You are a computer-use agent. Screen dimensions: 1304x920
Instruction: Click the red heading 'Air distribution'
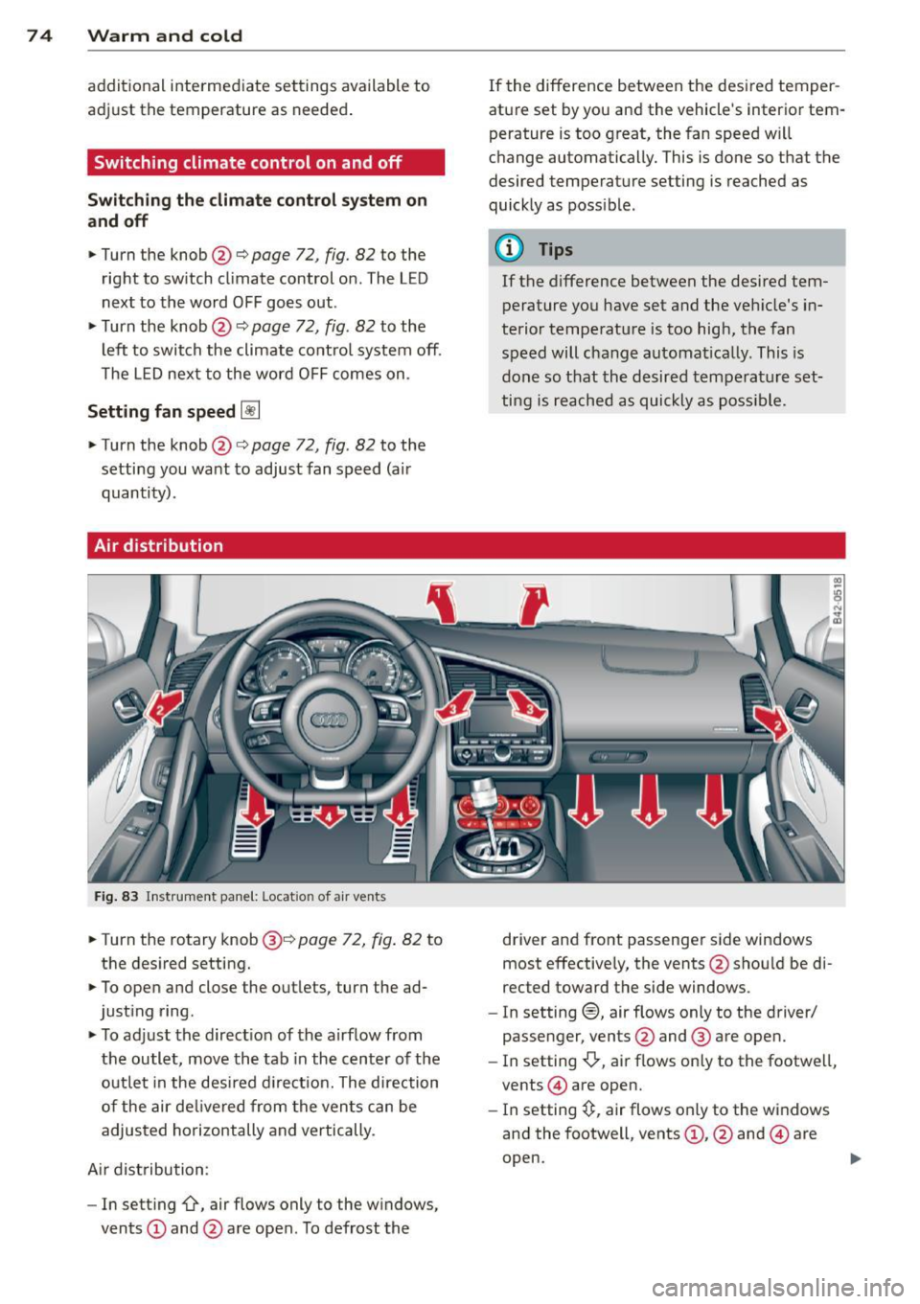(x=159, y=546)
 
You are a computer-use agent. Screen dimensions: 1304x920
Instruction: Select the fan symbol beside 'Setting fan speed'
(x=250, y=412)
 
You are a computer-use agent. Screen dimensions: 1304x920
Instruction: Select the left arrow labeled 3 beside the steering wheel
(x=455, y=709)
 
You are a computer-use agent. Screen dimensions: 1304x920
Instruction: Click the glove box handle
(x=617, y=757)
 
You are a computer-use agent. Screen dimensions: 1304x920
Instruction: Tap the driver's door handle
(x=127, y=710)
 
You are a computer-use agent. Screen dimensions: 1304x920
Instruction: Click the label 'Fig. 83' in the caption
(x=114, y=897)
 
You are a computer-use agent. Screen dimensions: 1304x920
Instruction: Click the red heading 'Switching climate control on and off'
(x=248, y=163)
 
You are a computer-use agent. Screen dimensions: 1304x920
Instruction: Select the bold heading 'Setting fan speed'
(x=161, y=412)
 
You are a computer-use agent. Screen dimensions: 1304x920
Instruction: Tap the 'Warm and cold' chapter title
(x=165, y=36)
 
